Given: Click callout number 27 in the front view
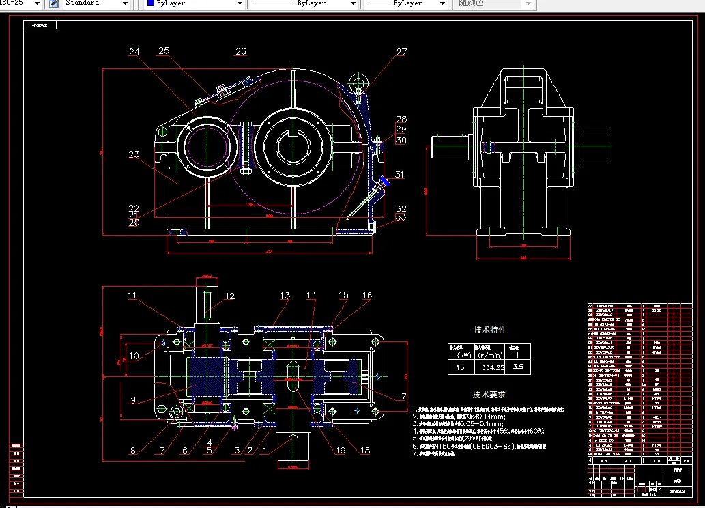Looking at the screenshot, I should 401,52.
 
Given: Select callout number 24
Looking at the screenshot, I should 134,52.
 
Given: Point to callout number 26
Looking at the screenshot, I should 240,51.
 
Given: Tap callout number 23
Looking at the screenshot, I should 134,154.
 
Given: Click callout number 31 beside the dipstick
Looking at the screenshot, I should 399,175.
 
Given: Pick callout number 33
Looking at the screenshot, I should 401,217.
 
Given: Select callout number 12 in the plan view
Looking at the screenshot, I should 230,296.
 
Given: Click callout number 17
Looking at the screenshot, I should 401,397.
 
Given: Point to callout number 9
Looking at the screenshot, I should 132,399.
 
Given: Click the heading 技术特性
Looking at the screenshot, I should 489,329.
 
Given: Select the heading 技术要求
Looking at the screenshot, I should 489,394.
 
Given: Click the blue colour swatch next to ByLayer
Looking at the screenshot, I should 150,3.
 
